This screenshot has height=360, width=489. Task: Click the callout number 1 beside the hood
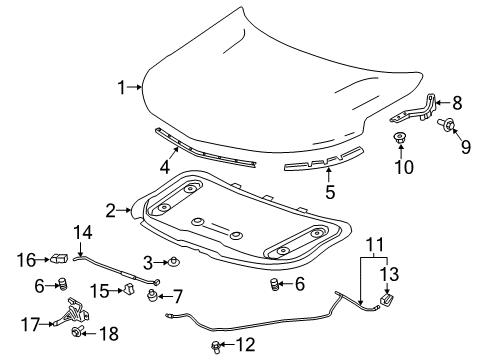click(x=122, y=88)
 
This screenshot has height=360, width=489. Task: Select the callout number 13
click(x=391, y=273)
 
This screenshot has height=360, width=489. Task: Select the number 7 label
click(x=177, y=296)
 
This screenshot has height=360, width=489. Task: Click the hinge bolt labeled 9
click(x=449, y=123)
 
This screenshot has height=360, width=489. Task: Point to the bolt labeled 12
click(x=216, y=346)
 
